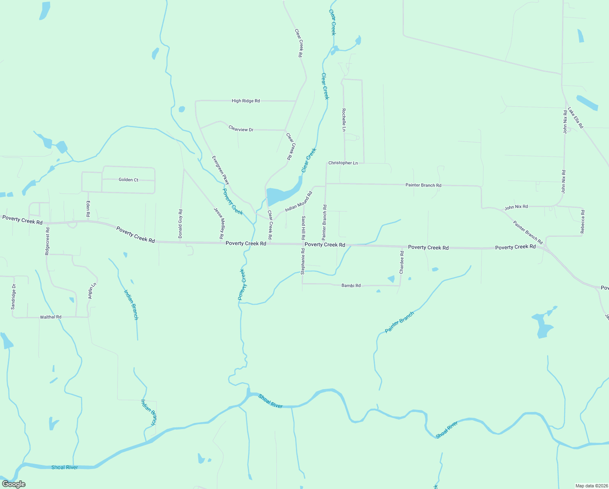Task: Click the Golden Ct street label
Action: click(128, 180)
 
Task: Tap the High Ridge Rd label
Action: click(245, 101)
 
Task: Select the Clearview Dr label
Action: click(241, 129)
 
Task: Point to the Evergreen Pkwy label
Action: click(221, 170)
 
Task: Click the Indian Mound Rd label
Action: click(298, 202)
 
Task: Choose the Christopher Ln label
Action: click(343, 163)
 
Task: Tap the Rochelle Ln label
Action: click(344, 120)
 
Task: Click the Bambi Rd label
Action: click(351, 286)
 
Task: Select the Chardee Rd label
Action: click(402, 262)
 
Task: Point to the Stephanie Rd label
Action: click(303, 261)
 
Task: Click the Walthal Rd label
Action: click(50, 317)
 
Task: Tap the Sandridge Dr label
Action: click(13, 297)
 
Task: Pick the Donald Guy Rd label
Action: click(180, 224)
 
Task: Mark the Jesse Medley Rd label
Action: click(219, 223)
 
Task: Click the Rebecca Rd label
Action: click(583, 222)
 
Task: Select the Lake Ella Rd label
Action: click(576, 118)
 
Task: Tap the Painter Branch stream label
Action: click(399, 322)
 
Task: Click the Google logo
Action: click(14, 484)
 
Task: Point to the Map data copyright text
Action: click(591, 486)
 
